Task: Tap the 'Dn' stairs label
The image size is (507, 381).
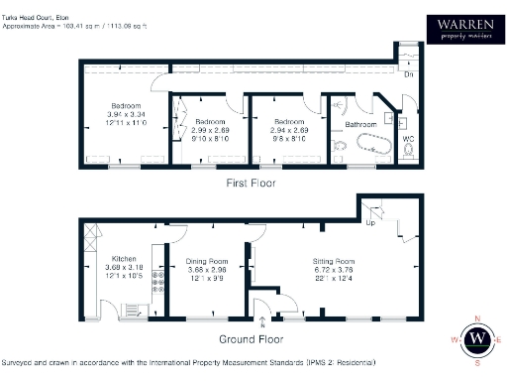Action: point(408,74)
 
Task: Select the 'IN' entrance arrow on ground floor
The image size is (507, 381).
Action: point(261,319)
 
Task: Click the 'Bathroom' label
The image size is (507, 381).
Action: point(355,125)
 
